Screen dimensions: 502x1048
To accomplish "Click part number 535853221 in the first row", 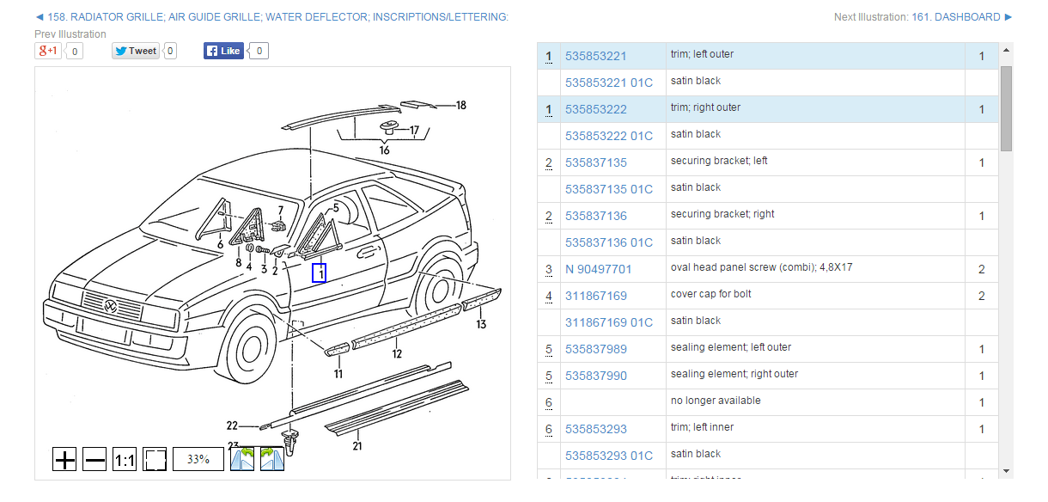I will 595,57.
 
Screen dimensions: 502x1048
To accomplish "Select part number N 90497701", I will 598,270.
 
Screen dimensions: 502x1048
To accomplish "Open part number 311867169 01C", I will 608,323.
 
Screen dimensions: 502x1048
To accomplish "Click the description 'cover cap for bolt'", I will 710,294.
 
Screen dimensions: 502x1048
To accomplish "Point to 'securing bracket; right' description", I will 722,214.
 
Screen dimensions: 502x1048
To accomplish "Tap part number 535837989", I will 595,350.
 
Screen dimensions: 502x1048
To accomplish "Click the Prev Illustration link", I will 70,34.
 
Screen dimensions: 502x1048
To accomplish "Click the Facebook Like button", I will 223,51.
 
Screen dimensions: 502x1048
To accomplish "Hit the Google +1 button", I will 47,51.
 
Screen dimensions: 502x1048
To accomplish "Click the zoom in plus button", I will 65,460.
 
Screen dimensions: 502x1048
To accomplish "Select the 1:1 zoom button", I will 125,460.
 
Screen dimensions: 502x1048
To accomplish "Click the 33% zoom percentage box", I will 198,459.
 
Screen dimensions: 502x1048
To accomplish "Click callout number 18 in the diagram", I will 461,106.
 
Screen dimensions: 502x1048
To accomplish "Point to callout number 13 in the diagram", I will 481,324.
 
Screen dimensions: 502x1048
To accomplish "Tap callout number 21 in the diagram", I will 357,446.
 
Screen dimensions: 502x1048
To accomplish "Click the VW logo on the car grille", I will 110,306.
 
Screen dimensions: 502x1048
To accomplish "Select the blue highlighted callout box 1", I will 319,273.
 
